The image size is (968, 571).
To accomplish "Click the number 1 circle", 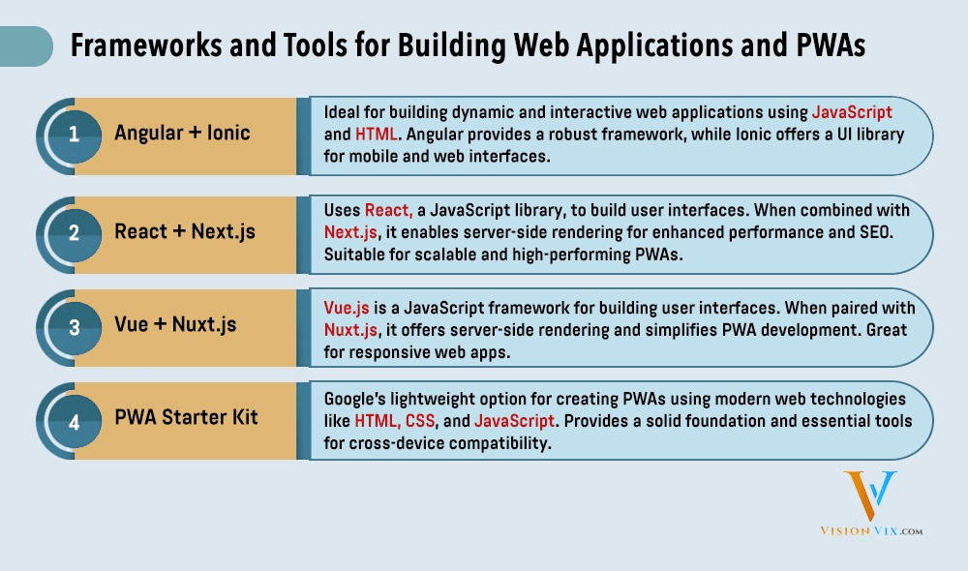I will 74,135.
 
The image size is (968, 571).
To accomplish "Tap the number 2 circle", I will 74,230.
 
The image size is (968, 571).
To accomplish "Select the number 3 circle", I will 74,326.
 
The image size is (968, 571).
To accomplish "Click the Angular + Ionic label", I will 182,134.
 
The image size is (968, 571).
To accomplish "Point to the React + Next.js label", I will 184,230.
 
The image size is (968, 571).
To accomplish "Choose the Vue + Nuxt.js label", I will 175,325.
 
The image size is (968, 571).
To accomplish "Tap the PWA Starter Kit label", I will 186,419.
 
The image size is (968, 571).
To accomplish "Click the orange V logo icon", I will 869,496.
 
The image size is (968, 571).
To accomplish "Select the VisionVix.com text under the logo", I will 869,531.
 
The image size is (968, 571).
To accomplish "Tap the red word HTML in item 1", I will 377,134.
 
